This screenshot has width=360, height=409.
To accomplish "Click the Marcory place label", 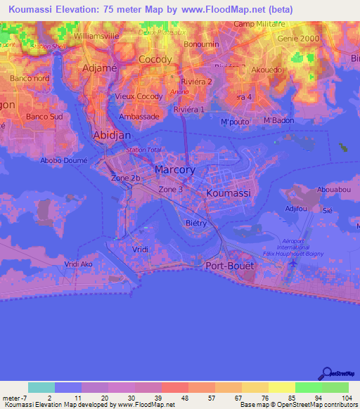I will click(174, 170).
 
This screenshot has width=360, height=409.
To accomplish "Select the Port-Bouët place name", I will click(229, 266).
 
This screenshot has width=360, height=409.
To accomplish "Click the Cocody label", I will click(155, 60).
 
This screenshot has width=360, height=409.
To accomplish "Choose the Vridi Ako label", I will click(78, 264).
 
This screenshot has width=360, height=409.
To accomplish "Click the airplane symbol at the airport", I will click(292, 264).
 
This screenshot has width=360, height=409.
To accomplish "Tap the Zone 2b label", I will click(127, 179).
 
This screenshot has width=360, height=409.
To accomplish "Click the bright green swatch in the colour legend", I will click(309, 387).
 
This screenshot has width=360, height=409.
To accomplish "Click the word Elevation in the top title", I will click(80, 10).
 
